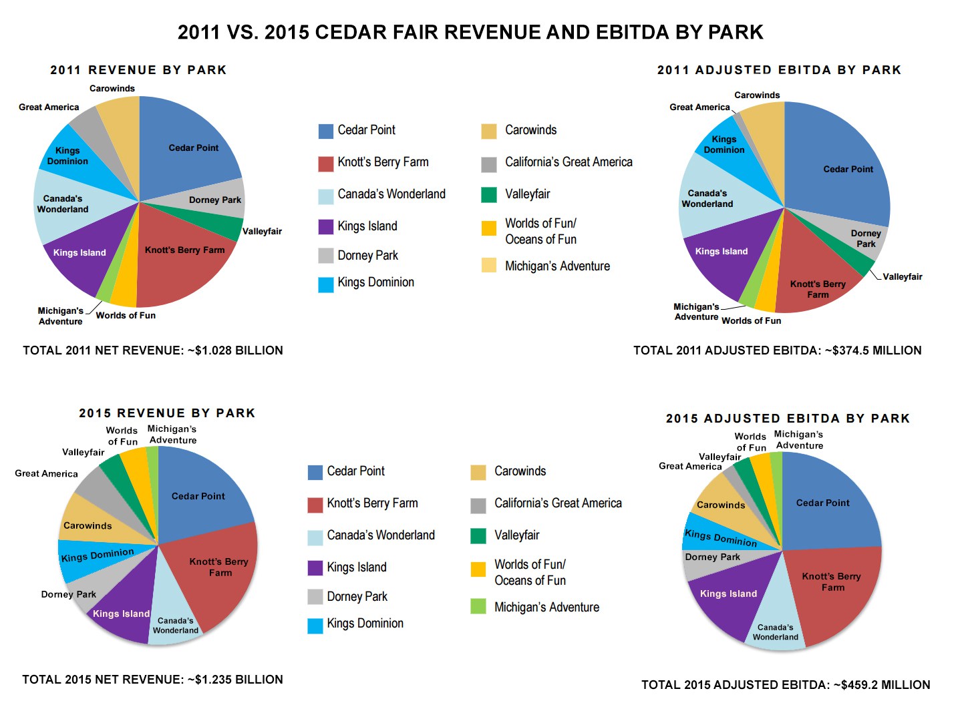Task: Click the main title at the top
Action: pos(470,32)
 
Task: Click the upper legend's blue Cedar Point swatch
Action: pos(325,131)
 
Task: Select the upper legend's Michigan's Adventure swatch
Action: pos(489,266)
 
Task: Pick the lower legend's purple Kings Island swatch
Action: pos(315,567)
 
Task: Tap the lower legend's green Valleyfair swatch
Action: pos(478,535)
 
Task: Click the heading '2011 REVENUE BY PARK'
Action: pos(138,70)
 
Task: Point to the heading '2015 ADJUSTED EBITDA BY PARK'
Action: pos(788,419)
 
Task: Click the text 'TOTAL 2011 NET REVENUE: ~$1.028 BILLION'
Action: pos(153,350)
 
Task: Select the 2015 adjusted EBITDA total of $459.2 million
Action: pos(786,685)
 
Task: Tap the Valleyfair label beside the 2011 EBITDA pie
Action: pos(902,276)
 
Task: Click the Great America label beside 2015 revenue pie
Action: pos(46,473)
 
